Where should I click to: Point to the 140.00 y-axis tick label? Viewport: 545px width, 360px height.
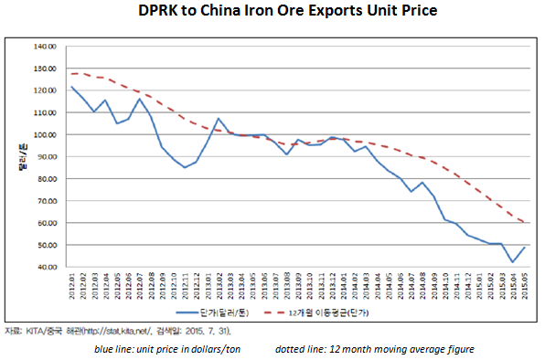tap(45, 47)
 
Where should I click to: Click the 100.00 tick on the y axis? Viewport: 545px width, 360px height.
tap(45, 134)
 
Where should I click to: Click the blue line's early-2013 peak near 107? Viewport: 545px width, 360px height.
tap(219, 119)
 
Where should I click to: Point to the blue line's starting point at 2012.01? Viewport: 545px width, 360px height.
tap(71, 87)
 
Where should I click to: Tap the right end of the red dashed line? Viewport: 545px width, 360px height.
tap(523, 222)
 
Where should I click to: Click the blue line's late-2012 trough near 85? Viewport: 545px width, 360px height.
tap(185, 167)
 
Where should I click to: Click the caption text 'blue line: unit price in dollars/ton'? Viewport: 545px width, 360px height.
tap(172, 349)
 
